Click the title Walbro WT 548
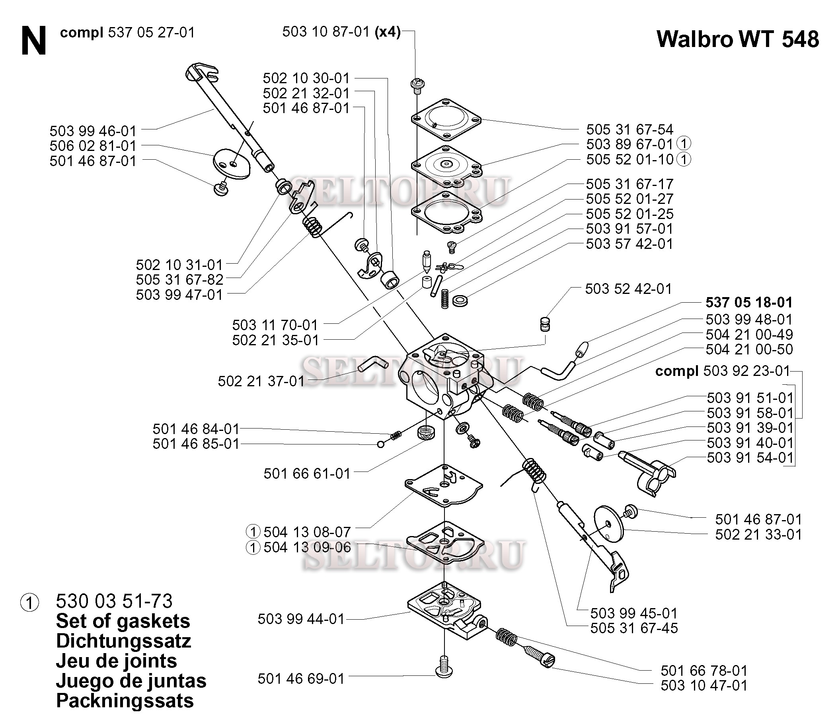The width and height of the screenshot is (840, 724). point(737,39)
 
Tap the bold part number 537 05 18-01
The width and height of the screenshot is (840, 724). point(749,302)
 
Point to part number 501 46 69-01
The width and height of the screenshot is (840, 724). point(301,679)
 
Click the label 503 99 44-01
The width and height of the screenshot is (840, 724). point(301,619)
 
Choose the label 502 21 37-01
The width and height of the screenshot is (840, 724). point(261,381)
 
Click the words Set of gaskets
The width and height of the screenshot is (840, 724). point(123,621)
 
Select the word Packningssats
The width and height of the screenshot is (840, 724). point(125,701)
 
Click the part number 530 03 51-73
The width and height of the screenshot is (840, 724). point(114,601)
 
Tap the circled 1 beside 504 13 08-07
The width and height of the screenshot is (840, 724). point(253,532)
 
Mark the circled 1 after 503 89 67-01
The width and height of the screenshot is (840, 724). point(684,144)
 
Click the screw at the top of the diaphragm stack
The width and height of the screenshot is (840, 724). point(417,85)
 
